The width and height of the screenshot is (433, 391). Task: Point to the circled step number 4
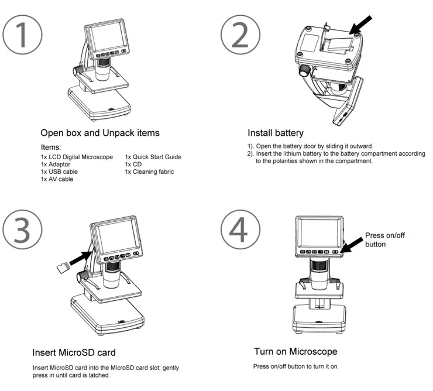(x=240, y=230)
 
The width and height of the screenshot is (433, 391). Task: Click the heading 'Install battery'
(x=275, y=133)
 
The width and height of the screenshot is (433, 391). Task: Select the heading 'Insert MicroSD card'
(x=74, y=352)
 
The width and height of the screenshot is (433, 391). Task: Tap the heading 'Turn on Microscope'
(x=295, y=352)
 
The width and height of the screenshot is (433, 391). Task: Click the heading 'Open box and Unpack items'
(x=99, y=133)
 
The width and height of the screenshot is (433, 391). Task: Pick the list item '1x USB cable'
(x=59, y=172)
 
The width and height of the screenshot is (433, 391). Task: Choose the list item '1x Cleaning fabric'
(x=149, y=172)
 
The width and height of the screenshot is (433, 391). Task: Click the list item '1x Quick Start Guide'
(x=153, y=157)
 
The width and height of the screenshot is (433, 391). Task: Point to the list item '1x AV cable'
(x=57, y=179)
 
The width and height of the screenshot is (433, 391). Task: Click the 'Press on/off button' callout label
(x=384, y=239)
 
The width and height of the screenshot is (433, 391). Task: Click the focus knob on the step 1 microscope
(x=77, y=70)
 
